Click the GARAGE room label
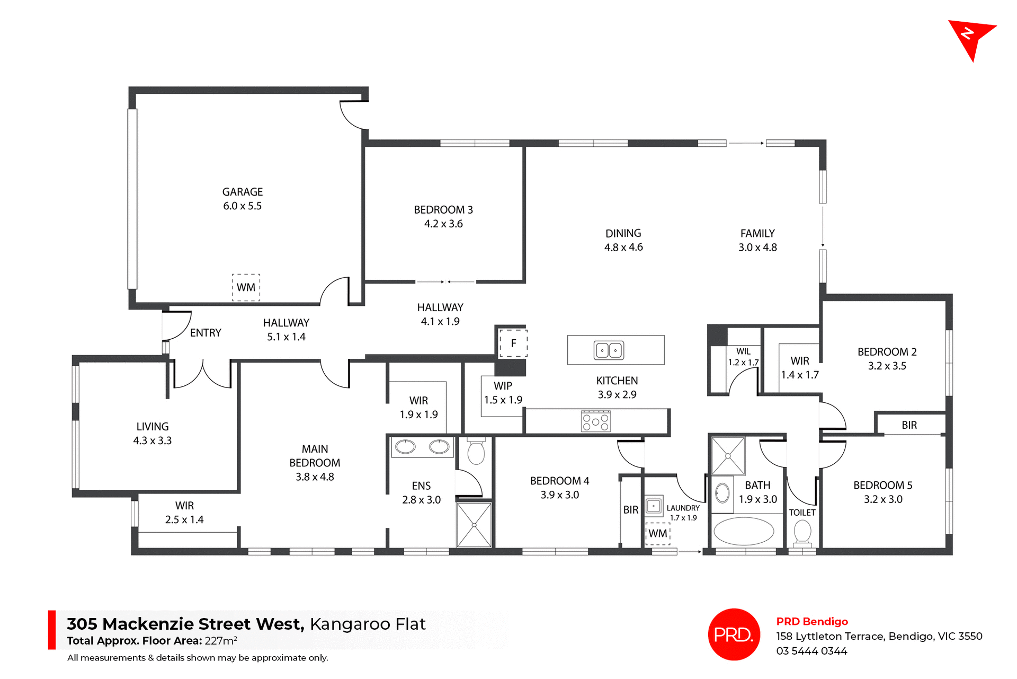tap(242, 192)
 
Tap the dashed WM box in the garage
tap(246, 287)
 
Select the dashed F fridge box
tap(513, 343)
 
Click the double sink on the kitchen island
tap(609, 350)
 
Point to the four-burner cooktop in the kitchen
tap(596, 422)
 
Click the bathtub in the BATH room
tap(744, 531)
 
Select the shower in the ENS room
tap(474, 525)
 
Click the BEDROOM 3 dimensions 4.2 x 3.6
tap(443, 224)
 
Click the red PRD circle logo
tap(734, 634)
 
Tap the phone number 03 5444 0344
tap(811, 651)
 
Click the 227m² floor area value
tap(220, 641)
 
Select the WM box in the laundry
tap(658, 533)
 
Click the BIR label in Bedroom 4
tap(630, 510)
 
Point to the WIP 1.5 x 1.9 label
tap(503, 393)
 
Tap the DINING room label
tap(623, 233)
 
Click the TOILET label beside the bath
tap(802, 513)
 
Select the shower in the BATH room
tap(728, 456)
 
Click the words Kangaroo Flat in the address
tap(367, 624)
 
